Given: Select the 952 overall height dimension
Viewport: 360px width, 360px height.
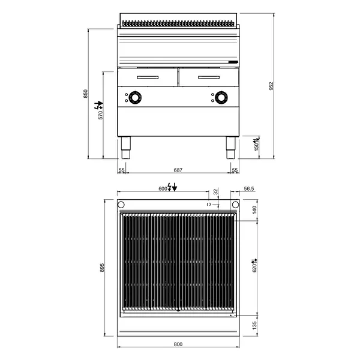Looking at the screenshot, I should [x=271, y=86].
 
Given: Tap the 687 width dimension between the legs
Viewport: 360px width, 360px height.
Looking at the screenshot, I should [x=178, y=170].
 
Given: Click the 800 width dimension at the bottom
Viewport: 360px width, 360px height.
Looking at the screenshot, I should [x=178, y=344].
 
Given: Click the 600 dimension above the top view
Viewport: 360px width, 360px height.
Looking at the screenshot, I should [x=163, y=188].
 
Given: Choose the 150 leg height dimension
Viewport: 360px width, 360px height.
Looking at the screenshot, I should [x=256, y=146].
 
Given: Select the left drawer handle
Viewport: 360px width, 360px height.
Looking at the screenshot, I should [x=148, y=77].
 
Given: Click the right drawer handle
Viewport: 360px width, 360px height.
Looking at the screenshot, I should [x=209, y=77].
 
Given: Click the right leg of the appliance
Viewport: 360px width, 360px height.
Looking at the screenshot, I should [x=230, y=147].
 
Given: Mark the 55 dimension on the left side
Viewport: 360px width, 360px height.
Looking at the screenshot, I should [x=122, y=170].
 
